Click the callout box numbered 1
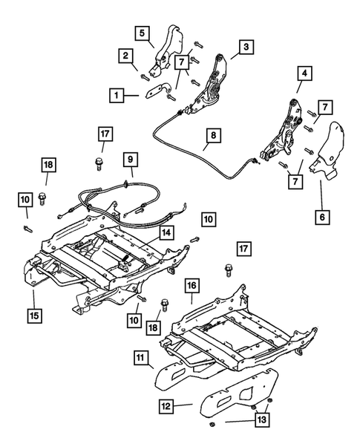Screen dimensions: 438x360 click(x=117, y=95)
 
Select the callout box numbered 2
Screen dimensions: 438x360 click(x=127, y=55)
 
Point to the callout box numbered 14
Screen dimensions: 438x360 click(x=169, y=232)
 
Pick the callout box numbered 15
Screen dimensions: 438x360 click(x=33, y=315)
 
